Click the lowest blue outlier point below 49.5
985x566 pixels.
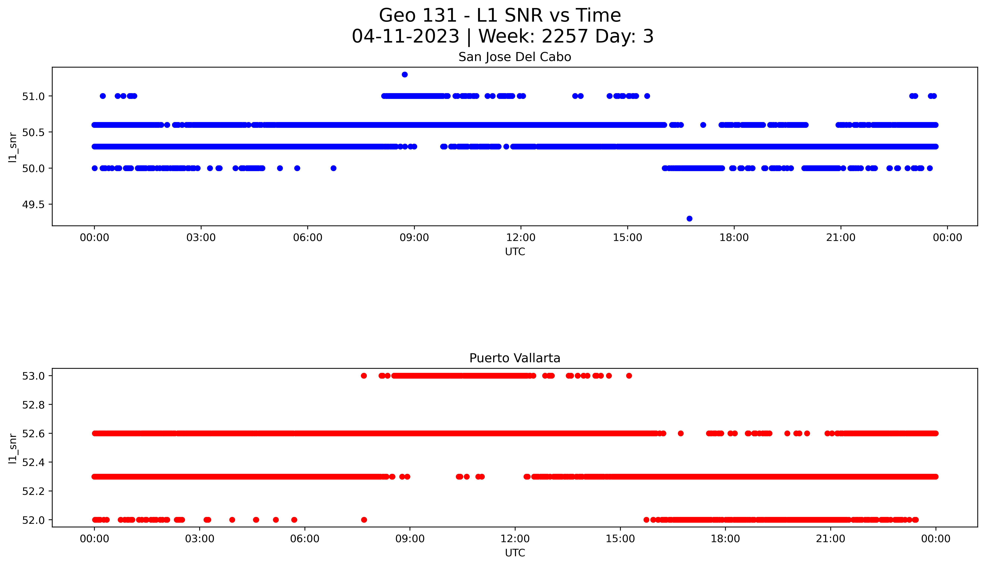[689, 219]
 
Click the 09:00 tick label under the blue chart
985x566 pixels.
[414, 238]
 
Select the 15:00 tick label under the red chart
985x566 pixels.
[620, 539]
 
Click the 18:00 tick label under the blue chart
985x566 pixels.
[734, 238]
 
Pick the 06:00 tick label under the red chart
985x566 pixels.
[305, 539]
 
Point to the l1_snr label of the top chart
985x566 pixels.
[13, 147]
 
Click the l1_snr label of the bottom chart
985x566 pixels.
[13, 448]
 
